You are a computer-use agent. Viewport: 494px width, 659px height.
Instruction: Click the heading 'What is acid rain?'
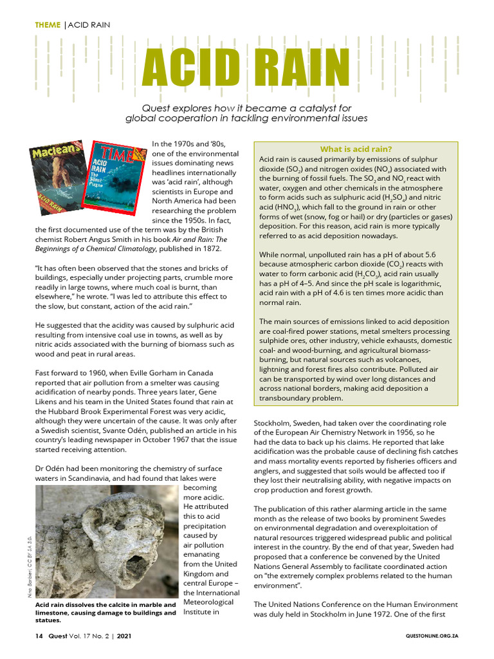[356, 149]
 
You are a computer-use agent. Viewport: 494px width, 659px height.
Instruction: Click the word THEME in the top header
[47, 25]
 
